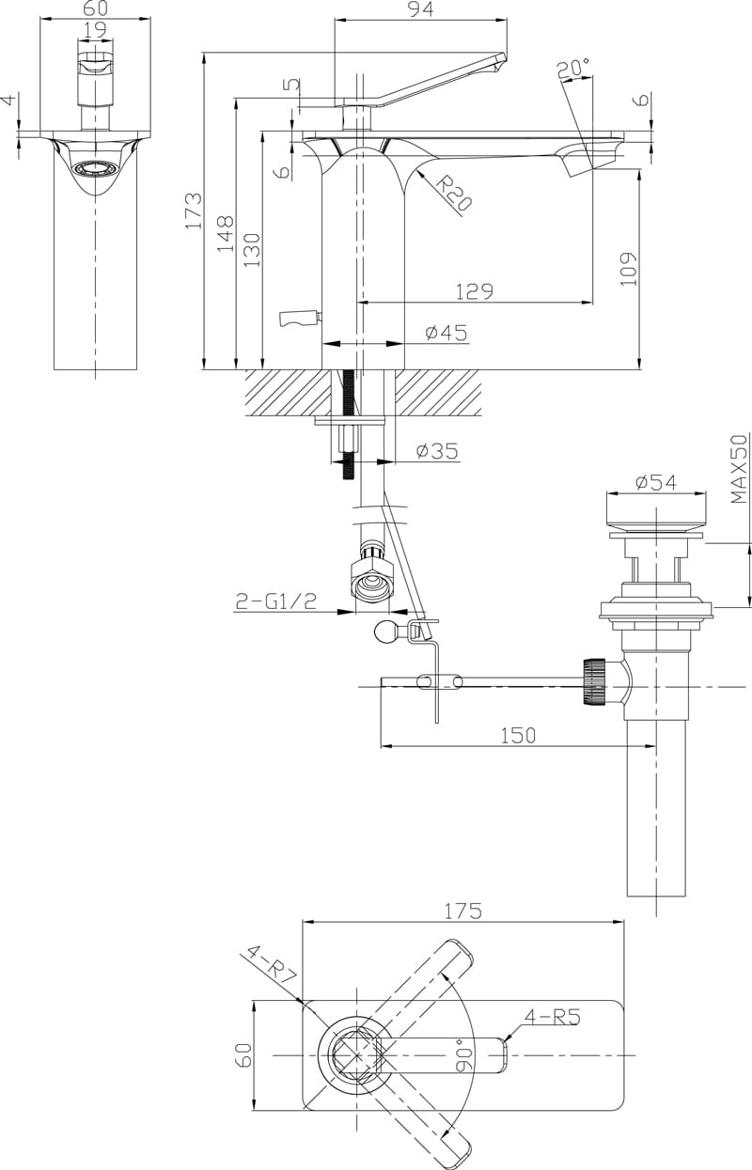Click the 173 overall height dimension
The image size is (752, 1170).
(193, 211)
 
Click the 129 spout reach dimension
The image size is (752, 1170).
(474, 291)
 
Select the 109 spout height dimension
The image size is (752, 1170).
(629, 268)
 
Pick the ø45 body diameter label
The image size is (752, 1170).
(446, 333)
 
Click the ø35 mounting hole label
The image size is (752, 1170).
(436, 451)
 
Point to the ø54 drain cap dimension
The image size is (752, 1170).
(655, 482)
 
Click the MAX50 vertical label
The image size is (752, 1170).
(740, 470)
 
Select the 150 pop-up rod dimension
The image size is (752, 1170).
(517, 736)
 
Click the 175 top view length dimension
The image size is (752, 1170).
(462, 911)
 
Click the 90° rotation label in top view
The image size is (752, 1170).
(460, 1054)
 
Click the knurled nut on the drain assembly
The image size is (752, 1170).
(593, 682)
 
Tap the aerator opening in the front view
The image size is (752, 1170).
(95, 169)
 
